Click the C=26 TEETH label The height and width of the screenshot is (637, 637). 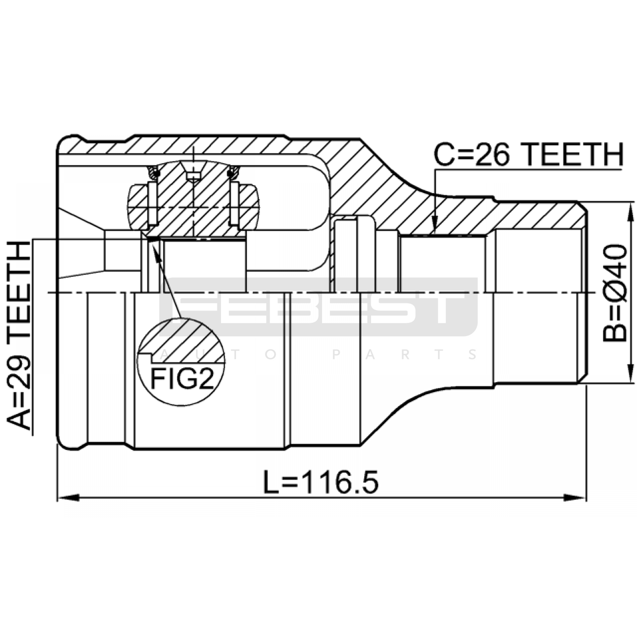(528, 155)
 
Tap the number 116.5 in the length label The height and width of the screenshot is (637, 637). (339, 482)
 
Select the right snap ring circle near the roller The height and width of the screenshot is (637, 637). (234, 172)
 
